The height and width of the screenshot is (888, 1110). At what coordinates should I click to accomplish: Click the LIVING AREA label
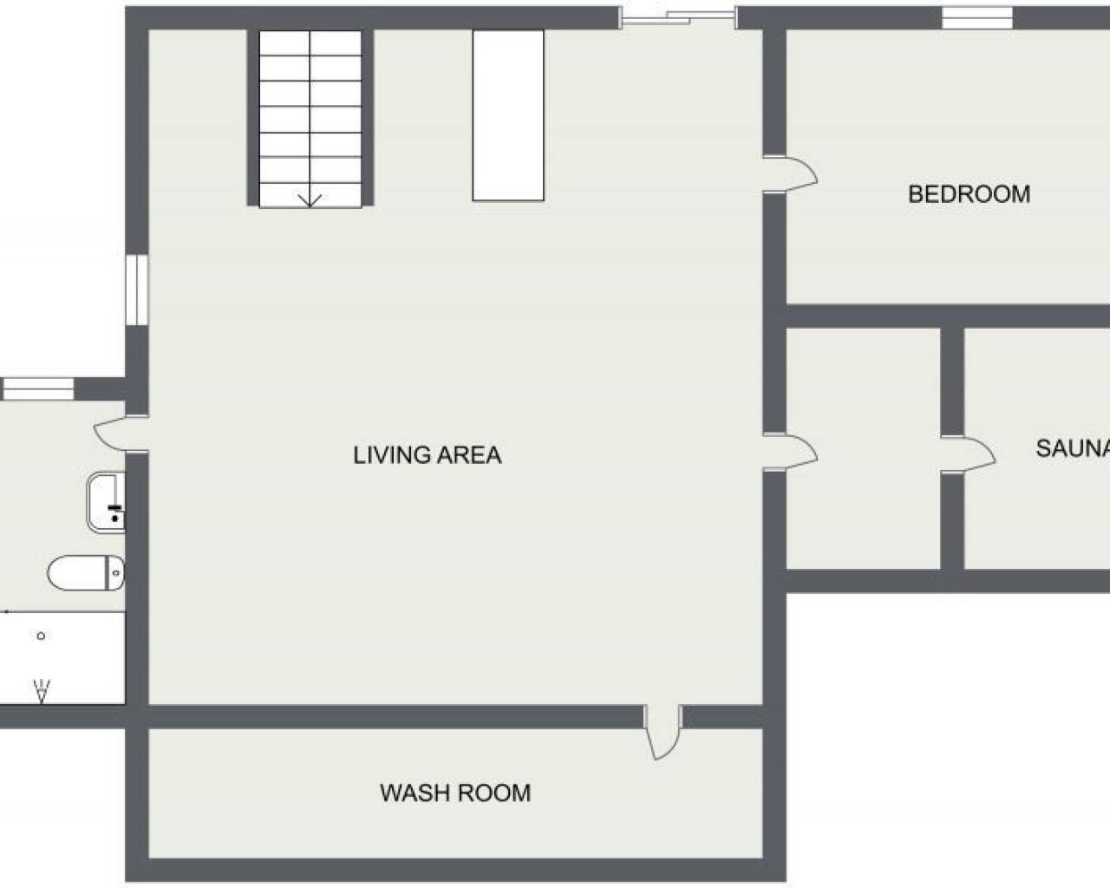point(427,455)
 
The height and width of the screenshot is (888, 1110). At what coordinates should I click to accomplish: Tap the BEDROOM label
point(970,194)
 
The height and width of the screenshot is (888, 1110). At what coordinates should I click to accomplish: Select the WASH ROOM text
point(455,793)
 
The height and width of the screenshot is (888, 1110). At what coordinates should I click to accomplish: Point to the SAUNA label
point(1073,447)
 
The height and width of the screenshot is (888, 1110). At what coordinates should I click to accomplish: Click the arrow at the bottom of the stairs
point(310,201)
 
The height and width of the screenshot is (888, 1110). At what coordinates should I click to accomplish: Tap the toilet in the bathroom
point(86,572)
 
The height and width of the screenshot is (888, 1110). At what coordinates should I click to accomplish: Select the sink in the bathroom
point(106,502)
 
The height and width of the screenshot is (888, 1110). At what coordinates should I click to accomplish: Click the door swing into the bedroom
point(790,174)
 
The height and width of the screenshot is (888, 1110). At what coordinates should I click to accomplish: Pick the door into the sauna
point(968,454)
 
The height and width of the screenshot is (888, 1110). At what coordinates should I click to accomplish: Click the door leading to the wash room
point(663,732)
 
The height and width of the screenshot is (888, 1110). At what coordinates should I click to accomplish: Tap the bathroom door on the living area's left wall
point(121,434)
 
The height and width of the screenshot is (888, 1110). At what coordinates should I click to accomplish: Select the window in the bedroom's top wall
point(977,18)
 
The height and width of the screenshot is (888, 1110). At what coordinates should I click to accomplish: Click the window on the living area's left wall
point(137,290)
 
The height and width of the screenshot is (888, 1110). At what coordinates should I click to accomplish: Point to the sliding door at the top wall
point(678,18)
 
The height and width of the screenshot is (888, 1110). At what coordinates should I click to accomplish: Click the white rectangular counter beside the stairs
point(508,115)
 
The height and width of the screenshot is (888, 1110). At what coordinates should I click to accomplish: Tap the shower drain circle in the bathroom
point(42,636)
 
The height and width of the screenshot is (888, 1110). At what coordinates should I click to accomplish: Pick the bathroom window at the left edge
point(37,389)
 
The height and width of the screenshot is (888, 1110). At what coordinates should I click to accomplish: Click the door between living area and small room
point(790,452)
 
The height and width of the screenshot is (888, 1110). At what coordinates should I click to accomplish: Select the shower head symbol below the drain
point(42,690)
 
